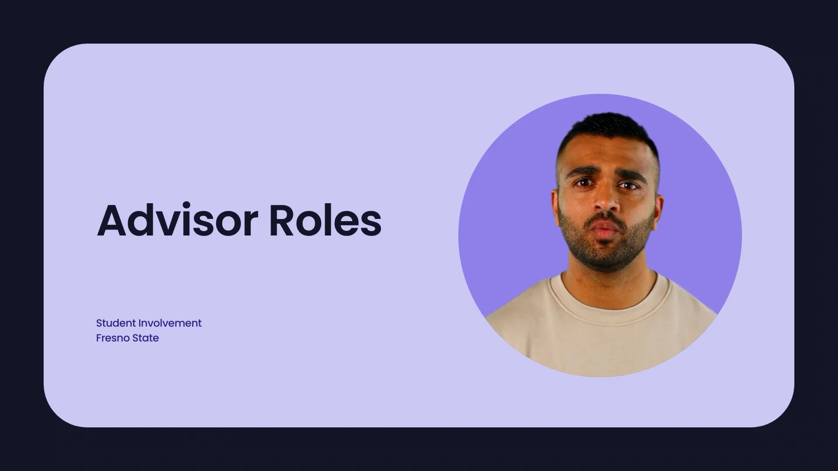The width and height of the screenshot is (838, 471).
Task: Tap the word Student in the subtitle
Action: [116, 323]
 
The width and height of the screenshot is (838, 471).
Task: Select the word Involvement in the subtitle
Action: [170, 323]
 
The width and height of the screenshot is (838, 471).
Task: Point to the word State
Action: [145, 338]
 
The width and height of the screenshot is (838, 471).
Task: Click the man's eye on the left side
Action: [583, 184]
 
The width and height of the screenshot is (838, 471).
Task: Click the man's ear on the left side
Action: [556, 205]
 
